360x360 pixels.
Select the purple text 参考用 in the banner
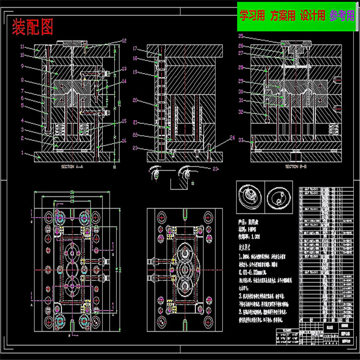[342, 16]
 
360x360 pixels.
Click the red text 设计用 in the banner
[313, 16]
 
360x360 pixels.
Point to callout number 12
[124, 41]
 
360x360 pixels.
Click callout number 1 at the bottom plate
[22, 153]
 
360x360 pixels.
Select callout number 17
[135, 49]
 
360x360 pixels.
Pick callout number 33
[240, 140]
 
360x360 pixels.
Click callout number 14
[124, 81]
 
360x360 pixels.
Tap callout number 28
[240, 67]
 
